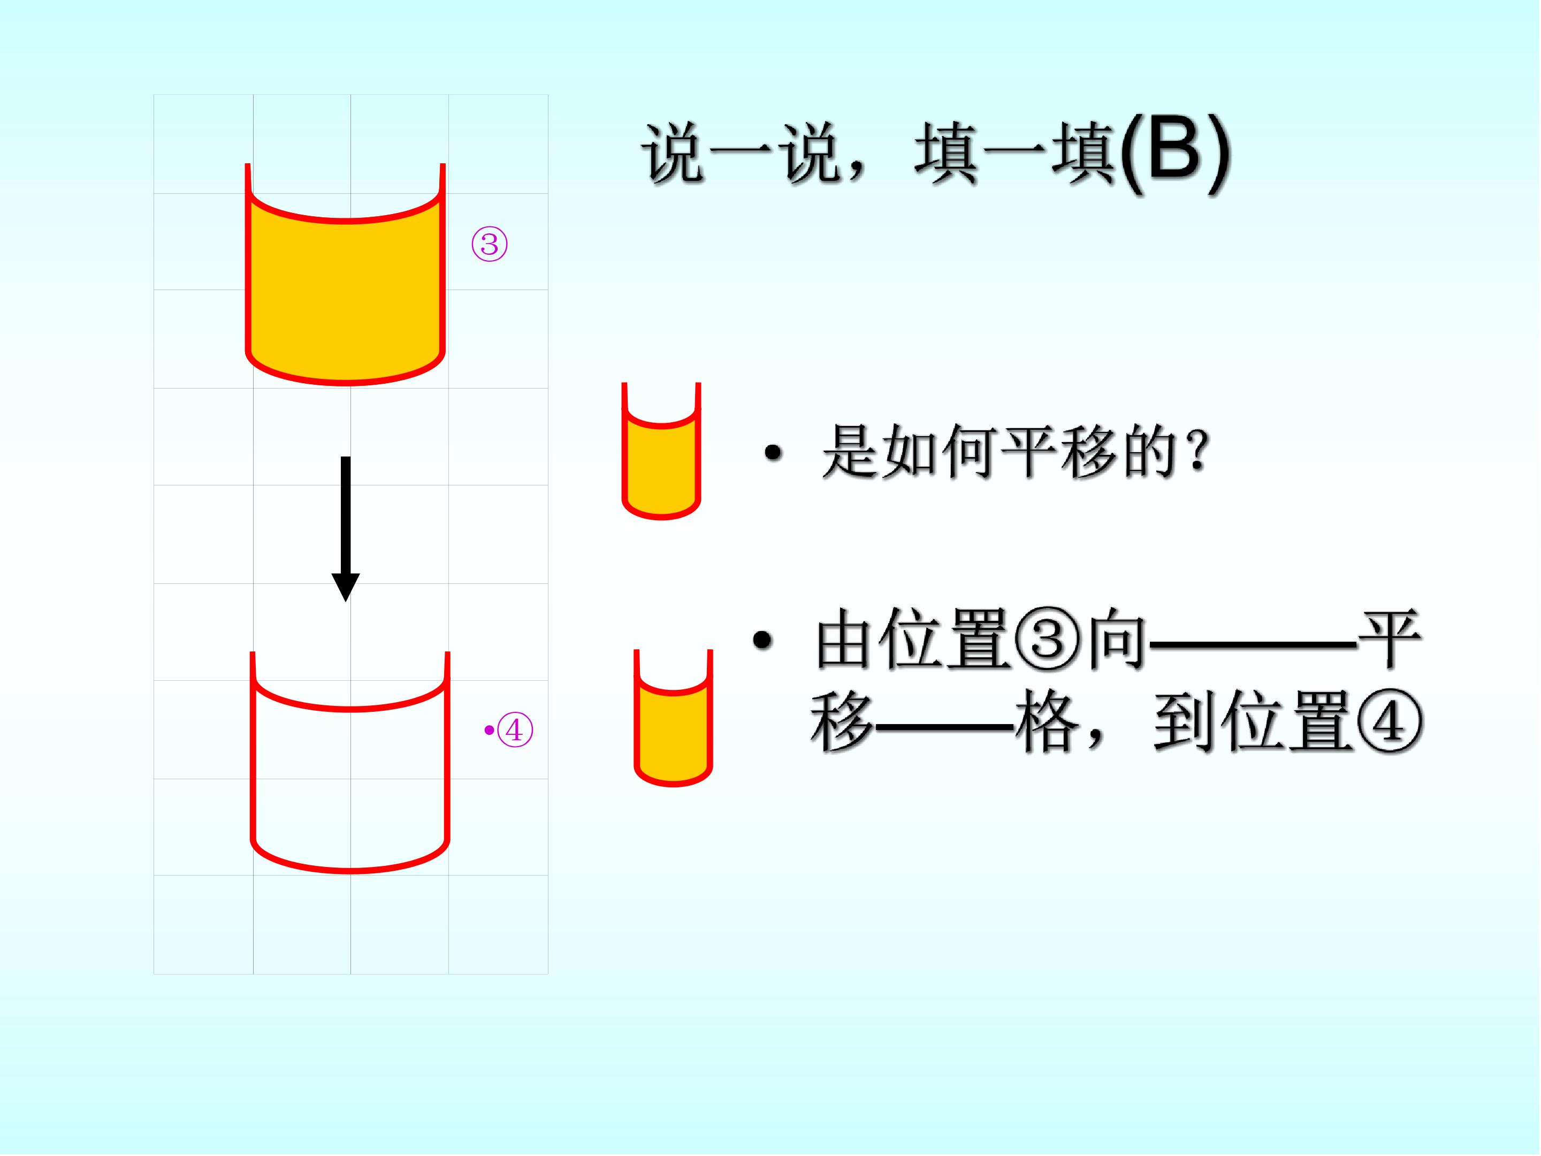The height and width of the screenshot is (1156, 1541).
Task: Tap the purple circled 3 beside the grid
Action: pos(490,244)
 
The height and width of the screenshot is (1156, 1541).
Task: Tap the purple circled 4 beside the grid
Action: pos(515,730)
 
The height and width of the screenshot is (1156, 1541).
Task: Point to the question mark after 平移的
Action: pos(1198,452)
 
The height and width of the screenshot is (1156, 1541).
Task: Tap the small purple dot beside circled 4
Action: pos(489,730)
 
